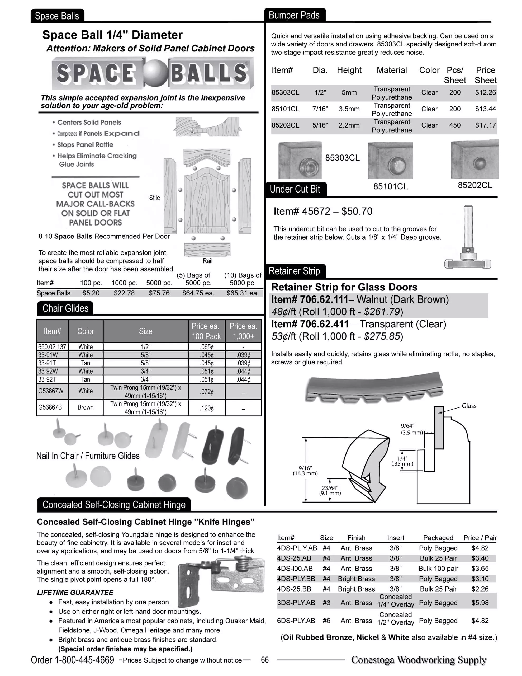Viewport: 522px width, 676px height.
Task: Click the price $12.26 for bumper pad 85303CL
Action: coord(485,92)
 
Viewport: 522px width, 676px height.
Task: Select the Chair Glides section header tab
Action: coord(65,308)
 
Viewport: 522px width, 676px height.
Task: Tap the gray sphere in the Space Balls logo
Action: coord(156,74)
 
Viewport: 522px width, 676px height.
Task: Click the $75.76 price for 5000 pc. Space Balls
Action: coord(159,293)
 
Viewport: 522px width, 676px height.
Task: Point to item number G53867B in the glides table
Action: coord(50,407)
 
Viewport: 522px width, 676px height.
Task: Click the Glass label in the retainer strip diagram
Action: coord(469,406)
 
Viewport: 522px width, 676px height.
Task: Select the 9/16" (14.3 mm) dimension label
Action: coord(305,471)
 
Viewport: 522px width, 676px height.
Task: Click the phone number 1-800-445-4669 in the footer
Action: coord(84,660)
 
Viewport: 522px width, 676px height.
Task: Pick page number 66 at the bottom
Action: coord(264,660)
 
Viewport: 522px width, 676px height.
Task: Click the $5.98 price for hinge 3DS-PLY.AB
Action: coord(480,603)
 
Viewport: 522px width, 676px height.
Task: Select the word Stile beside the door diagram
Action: coord(154,198)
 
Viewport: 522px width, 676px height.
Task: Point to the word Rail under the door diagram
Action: coord(207,261)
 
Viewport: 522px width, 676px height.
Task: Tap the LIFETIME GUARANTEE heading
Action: coord(75,592)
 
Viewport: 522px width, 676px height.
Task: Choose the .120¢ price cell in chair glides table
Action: coord(207,408)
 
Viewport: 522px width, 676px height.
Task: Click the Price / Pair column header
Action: coord(480,538)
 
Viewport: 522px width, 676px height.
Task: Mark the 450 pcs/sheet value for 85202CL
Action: coord(454,125)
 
